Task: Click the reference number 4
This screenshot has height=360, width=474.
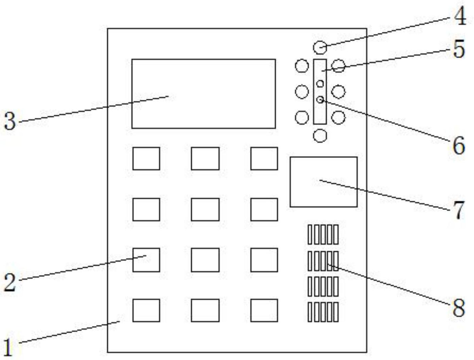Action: (460, 16)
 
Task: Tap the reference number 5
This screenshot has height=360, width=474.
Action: (459, 49)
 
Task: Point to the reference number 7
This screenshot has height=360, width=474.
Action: (459, 210)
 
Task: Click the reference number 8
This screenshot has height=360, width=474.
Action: (459, 308)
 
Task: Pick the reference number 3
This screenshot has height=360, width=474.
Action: (10, 121)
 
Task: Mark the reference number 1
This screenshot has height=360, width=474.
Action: (8, 347)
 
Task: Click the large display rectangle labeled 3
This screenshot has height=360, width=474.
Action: (204, 94)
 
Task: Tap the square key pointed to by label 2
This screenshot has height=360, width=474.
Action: (146, 260)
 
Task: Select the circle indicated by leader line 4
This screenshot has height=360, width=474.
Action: (320, 47)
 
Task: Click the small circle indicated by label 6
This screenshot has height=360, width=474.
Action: (320, 100)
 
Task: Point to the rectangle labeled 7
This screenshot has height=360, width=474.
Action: (323, 182)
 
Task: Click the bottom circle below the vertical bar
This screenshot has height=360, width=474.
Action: (320, 136)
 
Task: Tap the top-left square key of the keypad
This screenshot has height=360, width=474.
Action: (146, 159)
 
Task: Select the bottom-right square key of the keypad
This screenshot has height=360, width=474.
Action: (264, 310)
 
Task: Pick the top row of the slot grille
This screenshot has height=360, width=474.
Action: (323, 234)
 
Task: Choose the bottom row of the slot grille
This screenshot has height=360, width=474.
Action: (323, 312)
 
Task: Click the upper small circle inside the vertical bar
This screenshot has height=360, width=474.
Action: (320, 83)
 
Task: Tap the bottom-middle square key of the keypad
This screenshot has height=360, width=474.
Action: (205, 310)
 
